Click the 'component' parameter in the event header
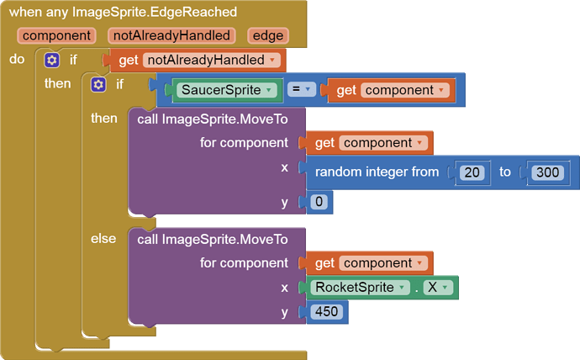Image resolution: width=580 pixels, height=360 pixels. pos(56,36)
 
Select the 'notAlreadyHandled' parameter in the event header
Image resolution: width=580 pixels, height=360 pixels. pos(171,36)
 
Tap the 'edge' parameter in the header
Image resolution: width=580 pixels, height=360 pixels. pos(268,36)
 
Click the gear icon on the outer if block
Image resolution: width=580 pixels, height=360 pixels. pos(52,60)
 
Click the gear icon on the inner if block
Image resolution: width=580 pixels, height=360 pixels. pos(98,85)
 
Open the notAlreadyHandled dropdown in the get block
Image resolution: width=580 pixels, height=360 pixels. pos(212,60)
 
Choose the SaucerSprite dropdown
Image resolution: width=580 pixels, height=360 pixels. pos(227,90)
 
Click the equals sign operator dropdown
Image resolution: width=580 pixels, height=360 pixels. pos(302,89)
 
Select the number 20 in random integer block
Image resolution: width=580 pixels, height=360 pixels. pos(472,172)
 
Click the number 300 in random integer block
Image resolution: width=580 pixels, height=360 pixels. pos(547,172)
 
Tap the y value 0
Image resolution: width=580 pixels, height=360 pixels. pos(319,202)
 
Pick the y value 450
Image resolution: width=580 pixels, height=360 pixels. pos(327,311)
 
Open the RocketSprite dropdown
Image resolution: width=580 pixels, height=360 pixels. pos(360,287)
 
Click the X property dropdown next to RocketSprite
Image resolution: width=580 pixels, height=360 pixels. pos(438,287)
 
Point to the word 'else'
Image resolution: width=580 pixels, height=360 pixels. pos(103,239)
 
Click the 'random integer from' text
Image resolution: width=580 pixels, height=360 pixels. pos(377,172)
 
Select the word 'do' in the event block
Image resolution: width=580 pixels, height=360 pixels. pos(17,59)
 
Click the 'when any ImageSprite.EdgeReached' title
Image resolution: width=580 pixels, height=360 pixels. pos(123,13)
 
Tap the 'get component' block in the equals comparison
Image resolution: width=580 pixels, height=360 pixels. pos(391,90)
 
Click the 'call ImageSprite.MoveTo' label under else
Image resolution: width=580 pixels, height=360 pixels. pos(213,240)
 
